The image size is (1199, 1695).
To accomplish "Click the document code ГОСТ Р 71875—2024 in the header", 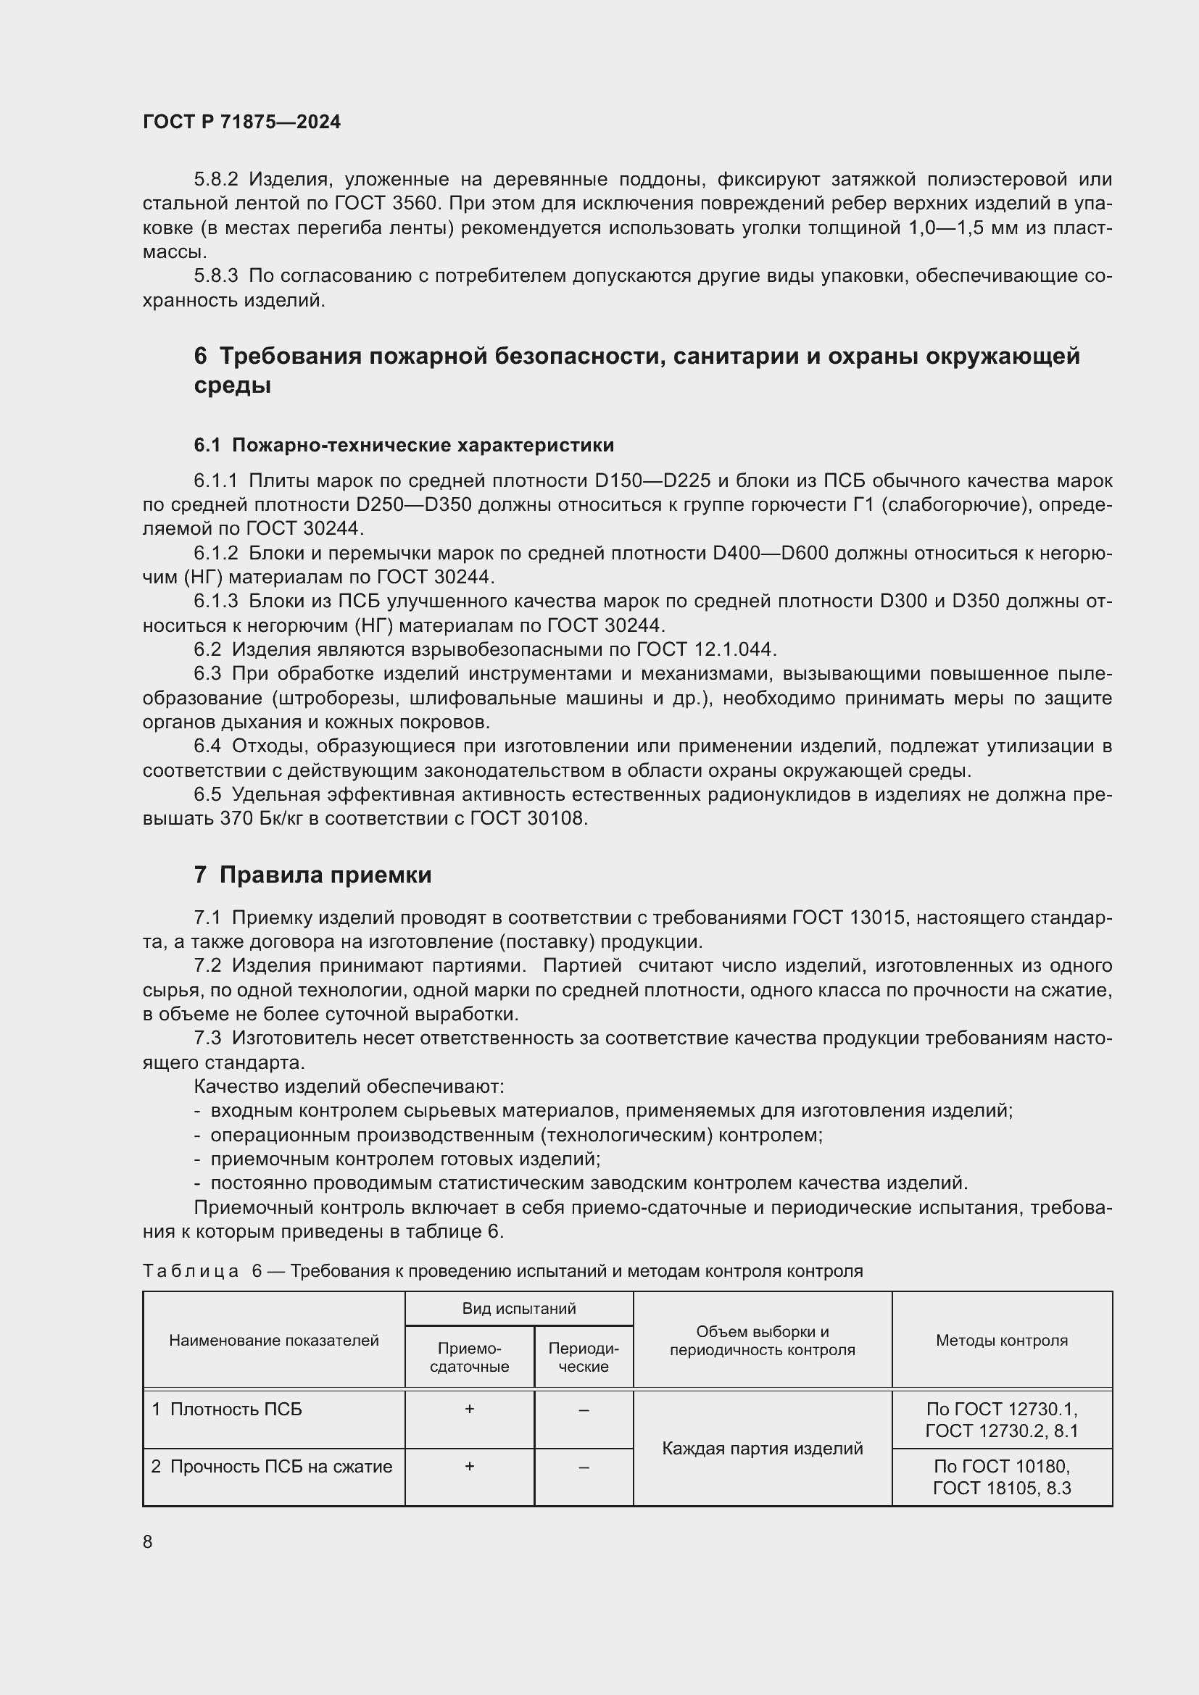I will click(x=241, y=122).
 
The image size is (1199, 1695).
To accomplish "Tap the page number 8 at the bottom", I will click(x=148, y=1542).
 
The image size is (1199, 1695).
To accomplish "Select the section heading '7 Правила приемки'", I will click(x=312, y=875).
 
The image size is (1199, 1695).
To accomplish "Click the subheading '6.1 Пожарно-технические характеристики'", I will click(x=404, y=445).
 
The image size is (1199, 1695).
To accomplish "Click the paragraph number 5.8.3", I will click(x=215, y=276).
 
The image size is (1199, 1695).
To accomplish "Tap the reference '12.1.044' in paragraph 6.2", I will click(x=734, y=649).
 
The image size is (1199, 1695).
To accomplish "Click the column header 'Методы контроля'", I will click(x=1001, y=1340).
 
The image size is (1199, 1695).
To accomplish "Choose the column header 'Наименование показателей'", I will click(x=274, y=1340).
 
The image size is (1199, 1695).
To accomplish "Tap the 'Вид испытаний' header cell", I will click(x=519, y=1308).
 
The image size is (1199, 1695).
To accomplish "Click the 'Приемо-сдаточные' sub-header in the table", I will click(x=470, y=1357).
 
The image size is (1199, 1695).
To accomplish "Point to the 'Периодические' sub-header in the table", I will click(x=584, y=1357).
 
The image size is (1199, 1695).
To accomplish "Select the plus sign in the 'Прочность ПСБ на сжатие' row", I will click(x=470, y=1466).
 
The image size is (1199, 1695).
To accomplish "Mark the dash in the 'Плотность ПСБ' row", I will click(x=584, y=1410).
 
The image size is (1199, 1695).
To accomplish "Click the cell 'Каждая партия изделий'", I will click(x=762, y=1449).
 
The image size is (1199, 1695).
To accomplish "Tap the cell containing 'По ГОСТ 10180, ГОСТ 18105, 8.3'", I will click(x=1001, y=1476).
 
